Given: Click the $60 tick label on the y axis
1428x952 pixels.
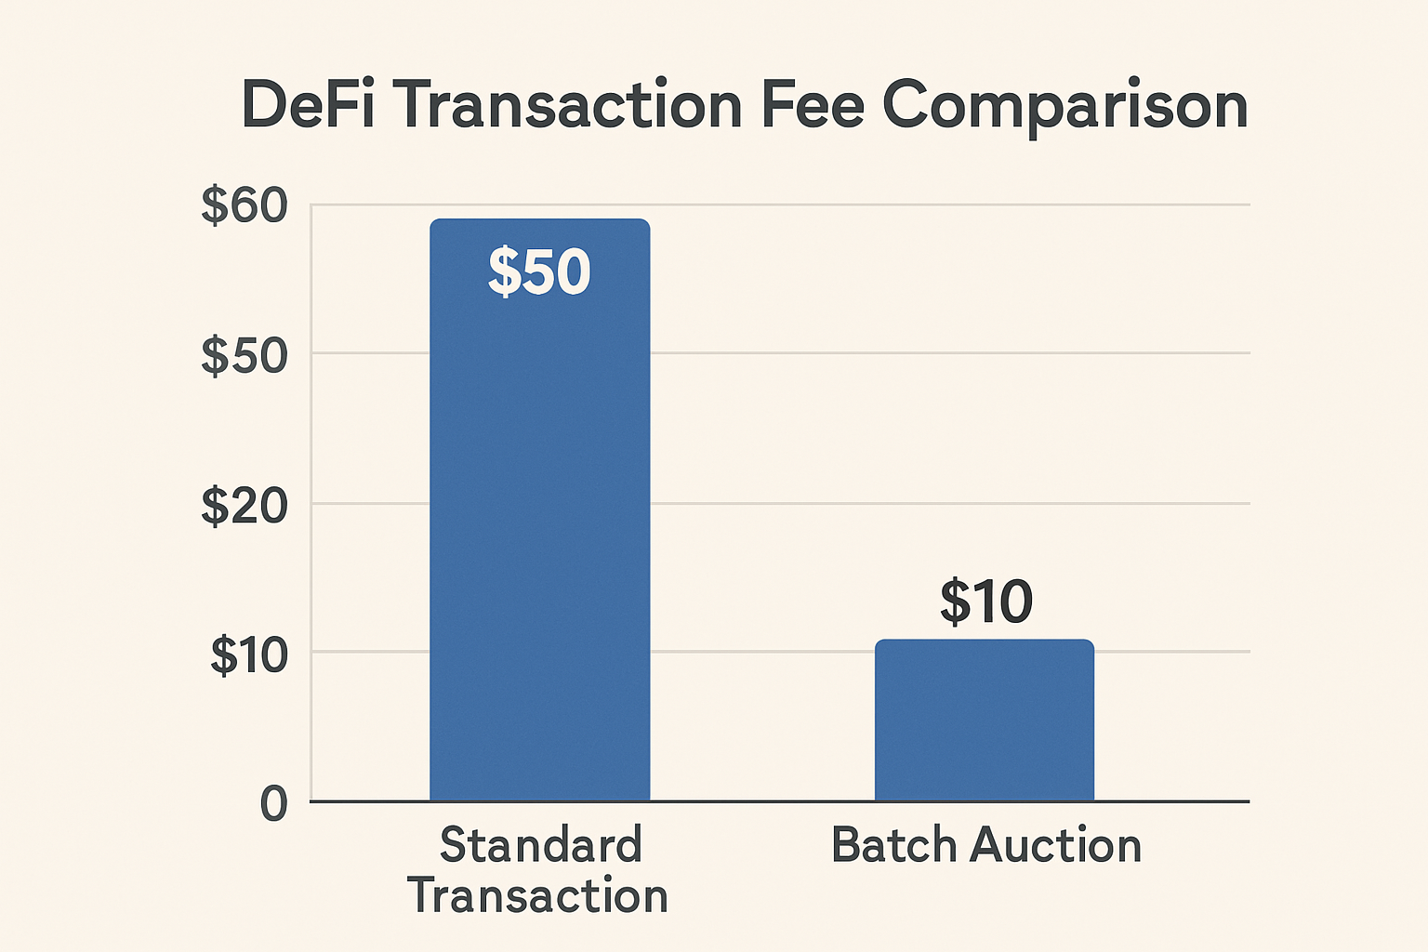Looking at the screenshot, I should pyautogui.click(x=245, y=205).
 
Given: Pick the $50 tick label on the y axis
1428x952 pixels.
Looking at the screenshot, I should pyautogui.click(x=245, y=355).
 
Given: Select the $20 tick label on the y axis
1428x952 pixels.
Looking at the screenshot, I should pyautogui.click(x=245, y=506).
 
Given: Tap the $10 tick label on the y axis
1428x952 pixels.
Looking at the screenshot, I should pyautogui.click(x=248, y=654).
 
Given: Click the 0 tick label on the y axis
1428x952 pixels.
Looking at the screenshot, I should pyautogui.click(x=273, y=803).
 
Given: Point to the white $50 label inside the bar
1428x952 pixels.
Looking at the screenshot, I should pyautogui.click(x=539, y=271).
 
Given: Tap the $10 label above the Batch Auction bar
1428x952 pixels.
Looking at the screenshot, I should pyautogui.click(x=985, y=602).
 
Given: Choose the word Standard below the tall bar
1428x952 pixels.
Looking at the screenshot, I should pyautogui.click(x=540, y=845).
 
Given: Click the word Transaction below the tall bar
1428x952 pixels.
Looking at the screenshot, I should pyautogui.click(x=537, y=895).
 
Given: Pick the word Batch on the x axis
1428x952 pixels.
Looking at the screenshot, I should pyautogui.click(x=893, y=845).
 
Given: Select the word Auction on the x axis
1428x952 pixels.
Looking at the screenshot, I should pyautogui.click(x=1056, y=845).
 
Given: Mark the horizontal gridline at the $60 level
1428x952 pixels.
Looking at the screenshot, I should pyautogui.click(x=948, y=204).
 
